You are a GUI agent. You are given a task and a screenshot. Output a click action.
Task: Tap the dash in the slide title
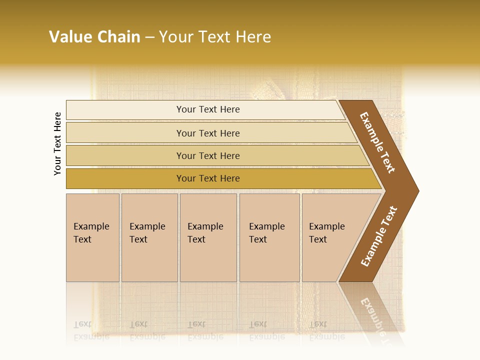pos(149,37)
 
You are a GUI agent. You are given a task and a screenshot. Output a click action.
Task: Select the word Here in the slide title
pos(253,37)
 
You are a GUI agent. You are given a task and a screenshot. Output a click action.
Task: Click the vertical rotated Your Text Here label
pos(57,143)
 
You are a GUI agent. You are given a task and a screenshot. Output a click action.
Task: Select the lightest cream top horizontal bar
pos(205,109)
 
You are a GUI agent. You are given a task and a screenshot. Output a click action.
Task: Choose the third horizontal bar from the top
pos(210,155)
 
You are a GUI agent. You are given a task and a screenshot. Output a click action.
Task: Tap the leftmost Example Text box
pos(92,237)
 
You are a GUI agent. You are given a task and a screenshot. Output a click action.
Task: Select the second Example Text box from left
pos(149,237)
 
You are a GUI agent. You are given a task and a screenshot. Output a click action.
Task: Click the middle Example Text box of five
pos(208,237)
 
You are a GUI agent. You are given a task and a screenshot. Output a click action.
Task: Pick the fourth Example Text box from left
pos(269,237)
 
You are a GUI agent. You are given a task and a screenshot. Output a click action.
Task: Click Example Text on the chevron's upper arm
pos(378,142)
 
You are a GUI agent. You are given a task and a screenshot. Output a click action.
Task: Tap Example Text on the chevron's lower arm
pos(379,236)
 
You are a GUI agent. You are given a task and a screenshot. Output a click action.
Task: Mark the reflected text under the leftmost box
pos(91,330)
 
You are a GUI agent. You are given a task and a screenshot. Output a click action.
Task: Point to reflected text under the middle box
pos(205,330)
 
